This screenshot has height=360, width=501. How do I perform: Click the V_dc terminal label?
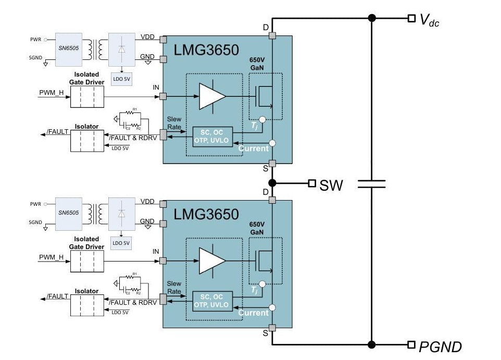430,21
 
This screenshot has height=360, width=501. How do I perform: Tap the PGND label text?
440,346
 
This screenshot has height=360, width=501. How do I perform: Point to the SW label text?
331,184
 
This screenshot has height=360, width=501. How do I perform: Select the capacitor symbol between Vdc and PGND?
372,183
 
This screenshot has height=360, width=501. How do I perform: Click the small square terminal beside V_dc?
411,18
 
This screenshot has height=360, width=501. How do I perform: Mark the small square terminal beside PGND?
411,344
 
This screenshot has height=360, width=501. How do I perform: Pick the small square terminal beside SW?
312,183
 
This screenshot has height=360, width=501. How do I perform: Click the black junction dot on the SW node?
272,183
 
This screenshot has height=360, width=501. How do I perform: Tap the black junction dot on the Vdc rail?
372,18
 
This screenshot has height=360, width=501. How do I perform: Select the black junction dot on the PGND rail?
372,344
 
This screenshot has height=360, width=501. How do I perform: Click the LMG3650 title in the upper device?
207,51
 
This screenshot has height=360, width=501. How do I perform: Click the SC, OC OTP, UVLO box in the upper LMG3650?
213,136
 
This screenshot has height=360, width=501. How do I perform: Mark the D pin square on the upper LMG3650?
272,36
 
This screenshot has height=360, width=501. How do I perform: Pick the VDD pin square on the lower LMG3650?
163,204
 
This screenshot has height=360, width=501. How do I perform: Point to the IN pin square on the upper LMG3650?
163,96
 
